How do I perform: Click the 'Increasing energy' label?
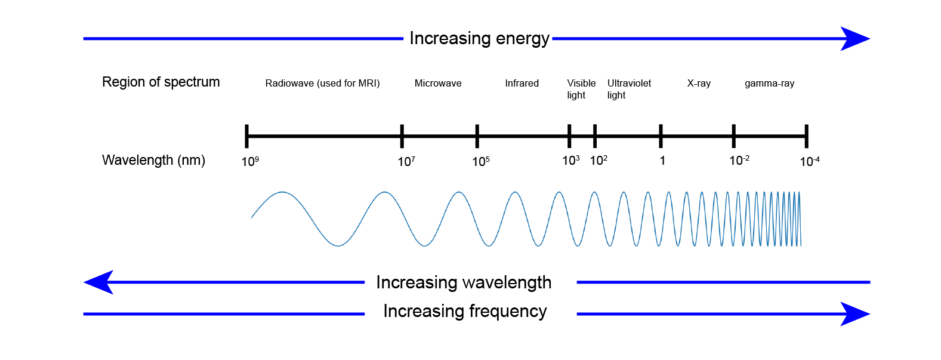point(479,39)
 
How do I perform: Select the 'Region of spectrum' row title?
point(161,82)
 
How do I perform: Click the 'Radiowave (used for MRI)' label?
point(322,84)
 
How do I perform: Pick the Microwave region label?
point(438,84)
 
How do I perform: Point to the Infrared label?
point(522,84)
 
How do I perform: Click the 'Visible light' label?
point(581,89)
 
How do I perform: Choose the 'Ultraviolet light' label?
point(629,89)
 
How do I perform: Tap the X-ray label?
point(699,84)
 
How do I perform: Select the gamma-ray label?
point(769,84)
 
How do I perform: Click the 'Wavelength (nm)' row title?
point(153,160)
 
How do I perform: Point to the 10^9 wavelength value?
point(250,161)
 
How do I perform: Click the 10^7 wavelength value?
point(406,161)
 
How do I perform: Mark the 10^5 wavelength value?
point(481,161)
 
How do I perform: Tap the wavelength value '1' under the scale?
point(662,161)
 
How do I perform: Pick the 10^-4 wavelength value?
point(809,161)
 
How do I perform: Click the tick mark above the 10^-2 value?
point(733,136)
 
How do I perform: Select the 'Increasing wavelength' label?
point(464,282)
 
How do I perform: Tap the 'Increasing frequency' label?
point(465,311)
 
